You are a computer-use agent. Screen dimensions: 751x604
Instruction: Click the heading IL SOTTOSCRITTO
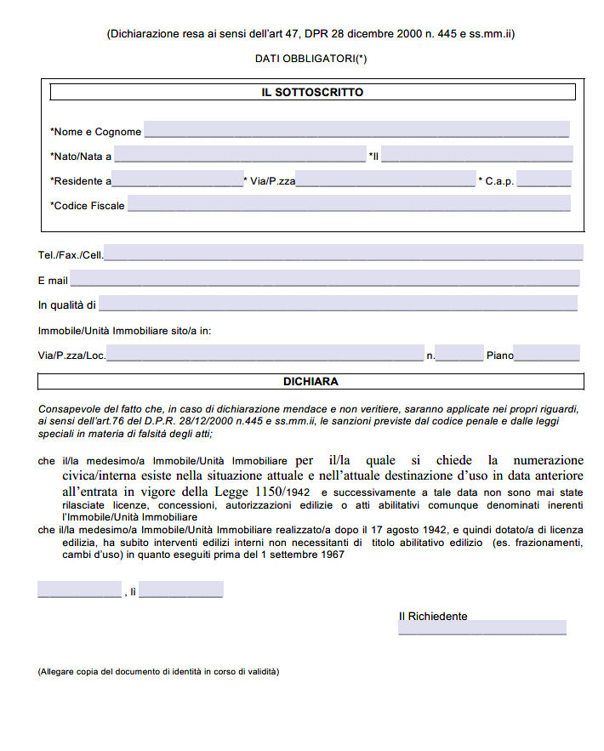point(312,92)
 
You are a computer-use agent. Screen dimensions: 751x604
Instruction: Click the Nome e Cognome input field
point(356,130)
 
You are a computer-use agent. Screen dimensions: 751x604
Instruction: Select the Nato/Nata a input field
point(239,155)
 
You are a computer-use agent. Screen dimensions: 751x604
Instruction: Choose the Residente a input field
point(178,179)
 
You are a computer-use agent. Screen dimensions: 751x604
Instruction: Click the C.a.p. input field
point(544,179)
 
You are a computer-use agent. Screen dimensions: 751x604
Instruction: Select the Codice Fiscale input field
point(349,204)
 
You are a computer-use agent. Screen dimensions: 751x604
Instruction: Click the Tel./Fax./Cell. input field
point(343,253)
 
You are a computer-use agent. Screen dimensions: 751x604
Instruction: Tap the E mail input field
point(325,279)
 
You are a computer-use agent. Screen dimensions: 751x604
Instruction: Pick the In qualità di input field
point(338,304)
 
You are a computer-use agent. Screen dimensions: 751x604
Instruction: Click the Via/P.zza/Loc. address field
point(265,354)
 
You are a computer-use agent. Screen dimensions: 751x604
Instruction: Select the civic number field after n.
point(459,354)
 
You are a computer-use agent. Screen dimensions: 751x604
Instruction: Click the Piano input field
point(547,354)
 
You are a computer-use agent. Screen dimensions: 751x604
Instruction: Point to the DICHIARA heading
point(311,382)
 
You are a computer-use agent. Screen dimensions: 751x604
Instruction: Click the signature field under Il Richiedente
point(481,628)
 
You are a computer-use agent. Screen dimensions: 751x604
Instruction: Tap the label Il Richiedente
point(433,616)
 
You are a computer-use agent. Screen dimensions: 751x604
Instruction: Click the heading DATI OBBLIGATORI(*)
point(311,59)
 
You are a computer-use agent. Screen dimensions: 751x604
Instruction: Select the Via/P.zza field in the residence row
point(385,179)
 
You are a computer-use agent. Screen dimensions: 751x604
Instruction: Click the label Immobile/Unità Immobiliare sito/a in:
point(124,330)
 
